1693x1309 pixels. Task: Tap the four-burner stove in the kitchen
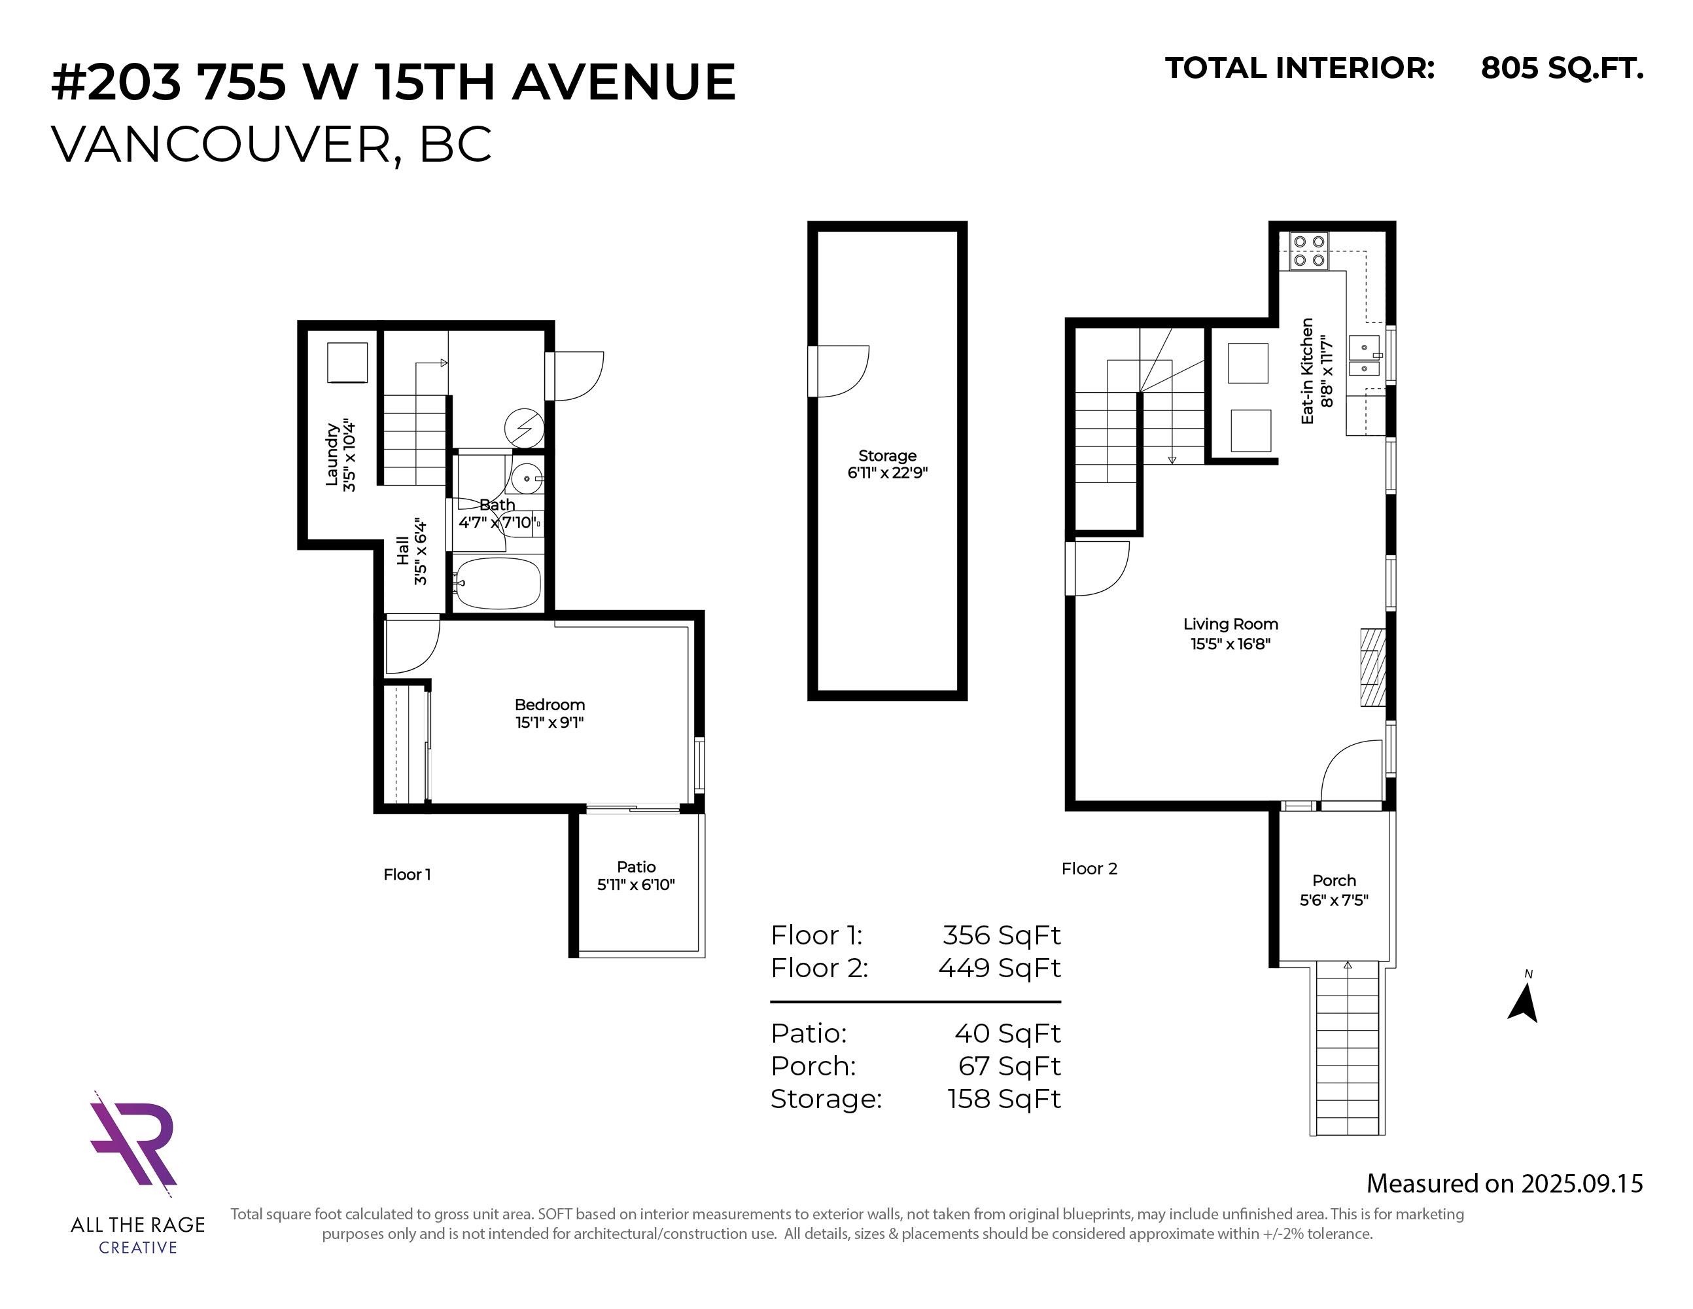[1309, 251]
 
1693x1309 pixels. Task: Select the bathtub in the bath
[498, 583]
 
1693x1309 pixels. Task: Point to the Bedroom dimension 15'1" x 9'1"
[550, 723]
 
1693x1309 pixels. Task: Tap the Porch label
[1334, 880]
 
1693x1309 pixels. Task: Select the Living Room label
[1230, 624]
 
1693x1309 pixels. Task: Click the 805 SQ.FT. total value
[1562, 68]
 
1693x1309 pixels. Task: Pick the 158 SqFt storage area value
[1004, 1099]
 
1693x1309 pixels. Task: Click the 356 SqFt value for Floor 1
[1002, 935]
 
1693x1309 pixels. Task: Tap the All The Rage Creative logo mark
[133, 1139]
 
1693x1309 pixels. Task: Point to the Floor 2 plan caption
[1089, 869]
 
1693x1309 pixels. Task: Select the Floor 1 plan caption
[407, 874]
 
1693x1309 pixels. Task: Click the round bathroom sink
[527, 478]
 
